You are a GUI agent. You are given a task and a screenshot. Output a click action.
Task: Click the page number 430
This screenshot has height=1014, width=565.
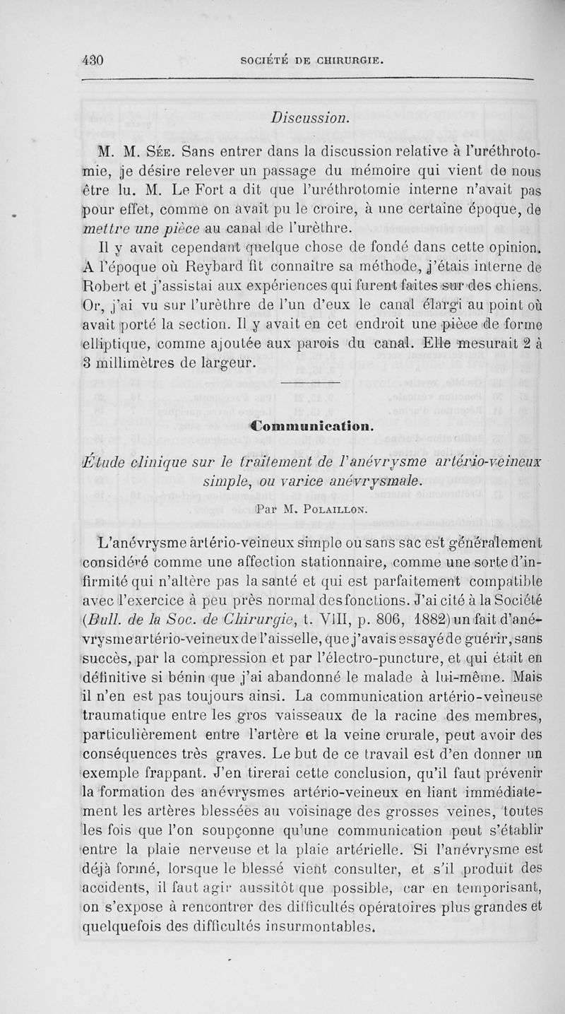(x=92, y=61)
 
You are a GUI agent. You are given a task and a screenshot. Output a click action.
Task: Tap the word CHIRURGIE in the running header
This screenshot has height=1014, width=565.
(x=341, y=61)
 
